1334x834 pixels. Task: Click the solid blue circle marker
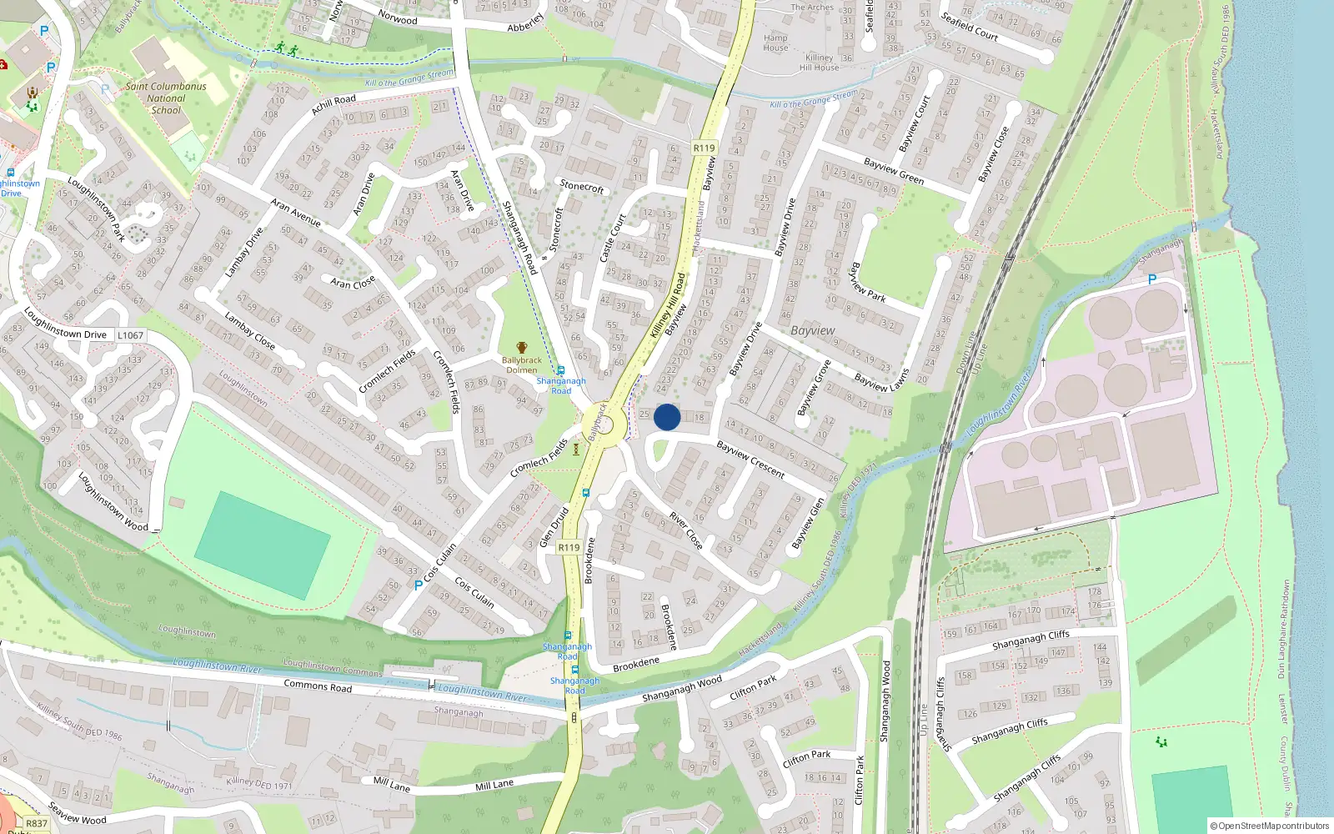coord(667,417)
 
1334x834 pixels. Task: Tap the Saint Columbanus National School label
coord(166,98)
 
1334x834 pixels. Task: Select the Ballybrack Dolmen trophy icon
coord(521,348)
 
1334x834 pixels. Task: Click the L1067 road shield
coord(130,335)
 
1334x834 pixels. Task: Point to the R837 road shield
coord(37,823)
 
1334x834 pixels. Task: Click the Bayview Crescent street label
coord(750,460)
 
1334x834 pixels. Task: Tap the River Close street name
coord(686,531)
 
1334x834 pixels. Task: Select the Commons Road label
coord(318,686)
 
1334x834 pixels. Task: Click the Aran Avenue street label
coord(295,213)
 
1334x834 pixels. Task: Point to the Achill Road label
coord(333,104)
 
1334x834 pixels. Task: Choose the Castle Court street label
coord(613,238)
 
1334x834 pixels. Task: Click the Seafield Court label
coord(969,26)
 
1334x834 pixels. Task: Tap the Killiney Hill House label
coord(819,63)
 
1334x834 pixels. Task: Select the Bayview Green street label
coord(894,171)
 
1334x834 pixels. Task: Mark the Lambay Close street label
coord(249,330)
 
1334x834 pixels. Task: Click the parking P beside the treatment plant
coord(1152,279)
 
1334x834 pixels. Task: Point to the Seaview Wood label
coord(78,814)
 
